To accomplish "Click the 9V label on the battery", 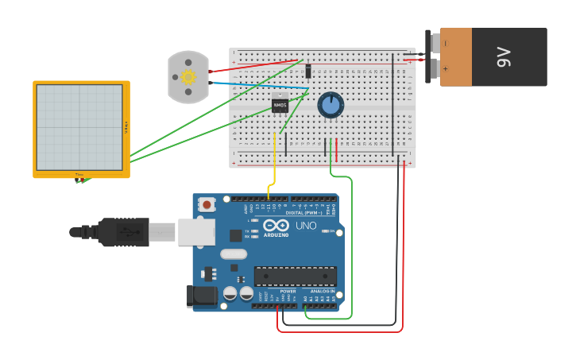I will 503,57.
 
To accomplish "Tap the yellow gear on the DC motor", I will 188,77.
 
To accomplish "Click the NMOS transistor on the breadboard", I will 280,104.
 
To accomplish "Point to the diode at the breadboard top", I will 307,70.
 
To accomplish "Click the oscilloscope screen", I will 79,127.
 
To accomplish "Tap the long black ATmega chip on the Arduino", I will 295,277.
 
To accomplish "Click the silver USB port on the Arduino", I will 195,232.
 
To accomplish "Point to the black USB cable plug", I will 119,232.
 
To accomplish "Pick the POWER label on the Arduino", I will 288,292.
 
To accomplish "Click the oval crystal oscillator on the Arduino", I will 234,254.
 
